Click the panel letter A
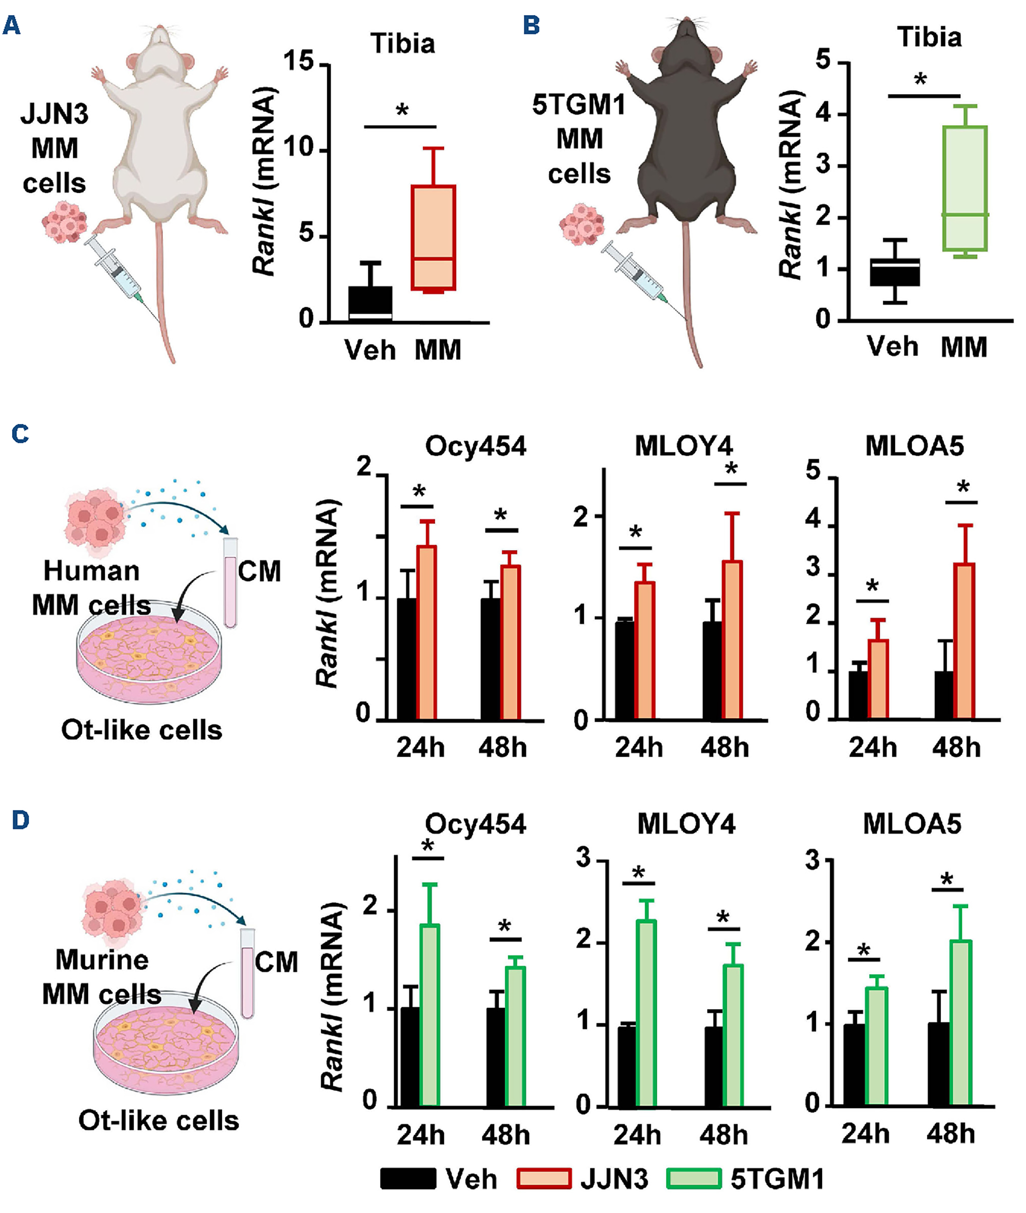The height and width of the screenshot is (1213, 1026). [x=12, y=26]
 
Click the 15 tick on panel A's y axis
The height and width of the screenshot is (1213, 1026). [x=300, y=62]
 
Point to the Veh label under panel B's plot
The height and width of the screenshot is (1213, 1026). [x=892, y=346]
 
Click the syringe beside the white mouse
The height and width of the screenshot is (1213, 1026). [x=116, y=270]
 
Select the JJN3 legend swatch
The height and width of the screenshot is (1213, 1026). [x=543, y=1179]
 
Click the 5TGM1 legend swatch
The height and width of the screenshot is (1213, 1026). [x=693, y=1179]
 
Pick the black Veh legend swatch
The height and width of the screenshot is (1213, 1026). [x=408, y=1179]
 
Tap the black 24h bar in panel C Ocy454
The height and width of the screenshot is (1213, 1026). [x=407, y=659]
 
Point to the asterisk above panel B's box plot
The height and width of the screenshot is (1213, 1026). [x=920, y=80]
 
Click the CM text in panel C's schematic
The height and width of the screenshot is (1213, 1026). [x=259, y=571]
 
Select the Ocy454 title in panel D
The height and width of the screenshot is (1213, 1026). [x=475, y=824]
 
